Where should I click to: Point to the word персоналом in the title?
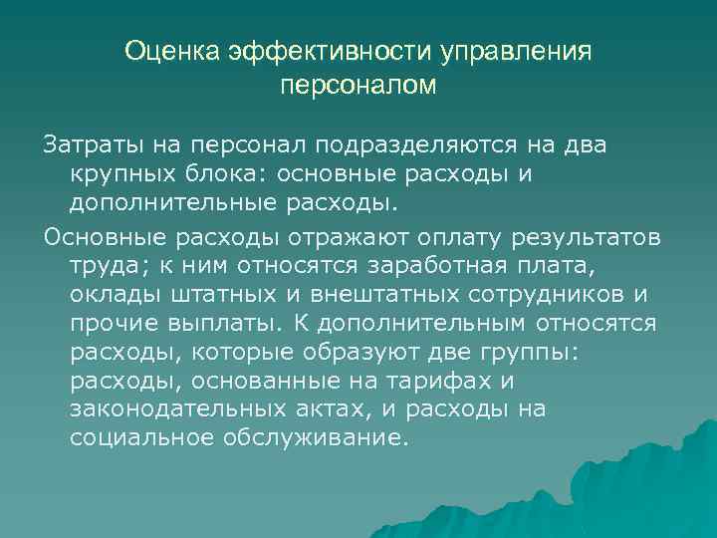tap(358, 87)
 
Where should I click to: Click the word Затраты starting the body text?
tap(83, 146)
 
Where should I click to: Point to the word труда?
tap(103, 269)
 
